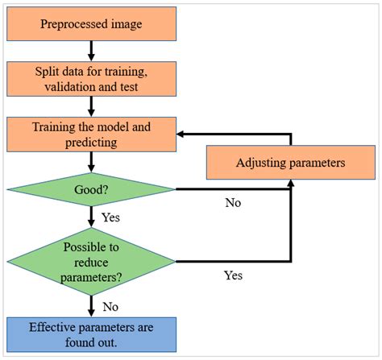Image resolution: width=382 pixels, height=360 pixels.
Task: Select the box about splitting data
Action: [x=90, y=77]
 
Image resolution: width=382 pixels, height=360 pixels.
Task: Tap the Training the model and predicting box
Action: [x=90, y=134]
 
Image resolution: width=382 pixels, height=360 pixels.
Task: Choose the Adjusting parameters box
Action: [x=289, y=163]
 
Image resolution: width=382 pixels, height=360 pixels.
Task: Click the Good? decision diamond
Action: [x=90, y=190]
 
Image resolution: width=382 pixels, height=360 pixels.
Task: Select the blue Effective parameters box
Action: [x=90, y=333]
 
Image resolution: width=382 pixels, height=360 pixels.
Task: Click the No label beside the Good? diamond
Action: [x=233, y=203]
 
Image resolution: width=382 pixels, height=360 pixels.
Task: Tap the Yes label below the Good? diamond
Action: [x=111, y=217]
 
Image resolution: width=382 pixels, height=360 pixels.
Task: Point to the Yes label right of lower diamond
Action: [x=233, y=275]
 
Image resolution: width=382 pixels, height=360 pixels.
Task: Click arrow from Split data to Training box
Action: [x=91, y=106]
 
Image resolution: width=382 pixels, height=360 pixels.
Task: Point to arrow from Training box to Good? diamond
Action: [x=91, y=162]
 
